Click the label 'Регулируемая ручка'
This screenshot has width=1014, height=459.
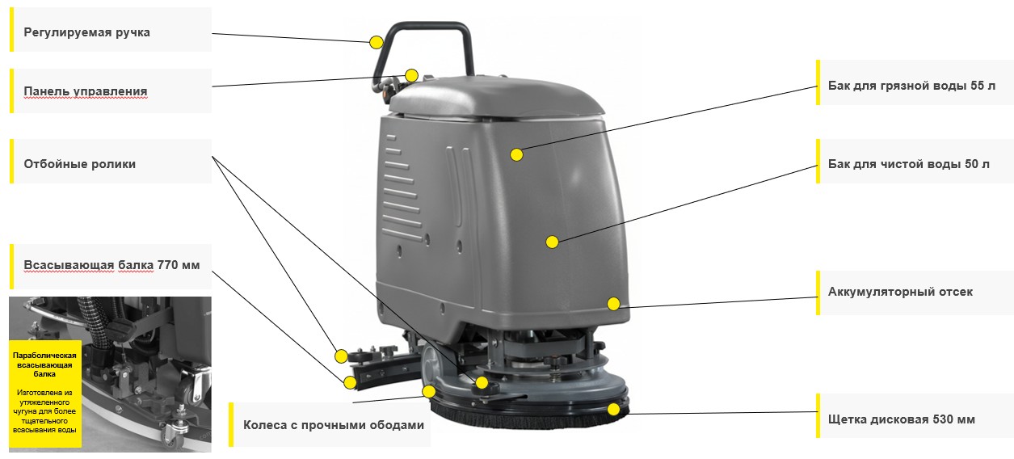tap(87, 32)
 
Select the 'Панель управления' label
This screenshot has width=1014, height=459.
tap(86, 91)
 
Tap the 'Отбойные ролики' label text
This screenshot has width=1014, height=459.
tap(80, 164)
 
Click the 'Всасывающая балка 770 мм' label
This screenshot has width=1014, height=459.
tap(111, 265)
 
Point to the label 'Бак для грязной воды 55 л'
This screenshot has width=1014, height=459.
tap(911, 86)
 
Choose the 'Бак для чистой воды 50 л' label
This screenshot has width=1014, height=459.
tap(908, 164)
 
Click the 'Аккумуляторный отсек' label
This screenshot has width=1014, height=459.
tap(900, 292)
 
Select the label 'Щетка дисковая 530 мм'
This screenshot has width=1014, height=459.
tap(901, 419)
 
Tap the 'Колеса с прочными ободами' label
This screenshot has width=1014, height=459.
tap(334, 425)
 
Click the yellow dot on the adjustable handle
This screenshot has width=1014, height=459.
tap(377, 43)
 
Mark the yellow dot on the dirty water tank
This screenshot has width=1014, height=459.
tap(516, 155)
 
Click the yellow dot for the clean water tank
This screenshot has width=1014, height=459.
tap(553, 242)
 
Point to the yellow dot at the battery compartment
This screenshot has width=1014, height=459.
tap(613, 304)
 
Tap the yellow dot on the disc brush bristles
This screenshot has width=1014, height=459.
tap(613, 409)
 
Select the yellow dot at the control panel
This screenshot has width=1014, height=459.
tap(411, 75)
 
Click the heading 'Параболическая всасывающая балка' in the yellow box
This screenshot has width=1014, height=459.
tap(44, 364)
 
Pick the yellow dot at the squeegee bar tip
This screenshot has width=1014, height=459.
tap(350, 383)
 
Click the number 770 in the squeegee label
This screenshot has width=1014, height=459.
tap(167, 265)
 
